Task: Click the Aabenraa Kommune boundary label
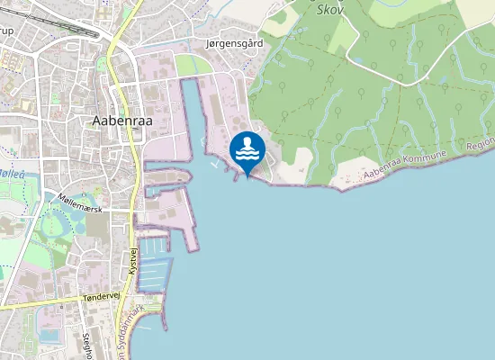click(405, 168)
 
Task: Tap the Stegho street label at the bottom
click(88, 346)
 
